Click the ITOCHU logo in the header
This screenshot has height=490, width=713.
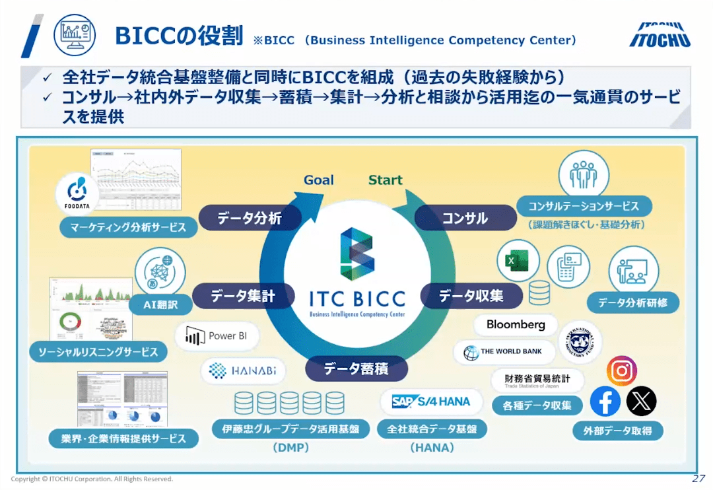pos(660,35)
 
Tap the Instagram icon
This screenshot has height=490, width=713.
pos(621,370)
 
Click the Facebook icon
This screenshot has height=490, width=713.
pos(605,401)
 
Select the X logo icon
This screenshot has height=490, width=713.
pos(641,401)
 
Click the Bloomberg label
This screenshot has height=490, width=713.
pos(516,324)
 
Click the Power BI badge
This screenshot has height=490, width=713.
pos(217,336)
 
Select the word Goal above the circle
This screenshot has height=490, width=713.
pos(319,180)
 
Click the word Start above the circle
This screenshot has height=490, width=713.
pos(386,180)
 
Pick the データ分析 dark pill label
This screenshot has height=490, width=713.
pos(250,218)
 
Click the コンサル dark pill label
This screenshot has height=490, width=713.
pos(465,218)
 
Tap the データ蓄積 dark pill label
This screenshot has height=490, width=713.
pos(356,368)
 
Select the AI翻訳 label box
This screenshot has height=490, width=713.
pos(159,305)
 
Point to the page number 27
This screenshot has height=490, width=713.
pos(698,478)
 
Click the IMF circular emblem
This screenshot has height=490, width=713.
pos(580,341)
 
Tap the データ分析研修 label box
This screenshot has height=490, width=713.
pos(632,303)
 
